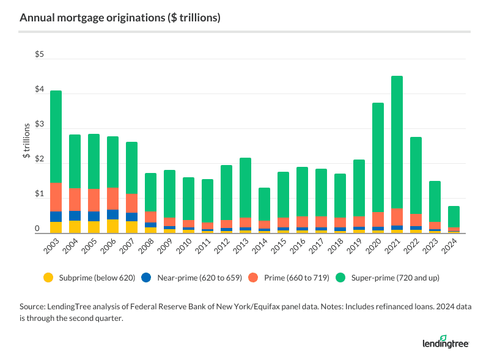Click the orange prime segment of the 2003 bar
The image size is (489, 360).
[56, 197]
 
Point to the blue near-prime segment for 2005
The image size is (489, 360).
[94, 216]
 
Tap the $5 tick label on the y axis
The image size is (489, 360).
[39, 55]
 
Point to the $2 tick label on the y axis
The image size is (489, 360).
[39, 160]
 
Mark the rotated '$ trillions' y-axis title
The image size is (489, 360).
[27, 142]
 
